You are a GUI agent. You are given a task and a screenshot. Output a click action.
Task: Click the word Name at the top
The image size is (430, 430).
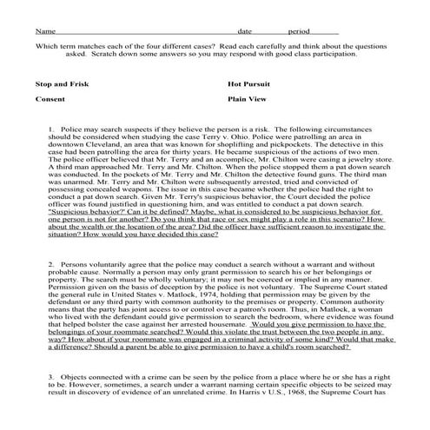tap(43, 30)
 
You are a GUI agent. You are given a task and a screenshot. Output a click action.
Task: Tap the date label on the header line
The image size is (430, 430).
tap(244, 30)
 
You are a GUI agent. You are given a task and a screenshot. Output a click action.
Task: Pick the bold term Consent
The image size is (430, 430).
tap(50, 100)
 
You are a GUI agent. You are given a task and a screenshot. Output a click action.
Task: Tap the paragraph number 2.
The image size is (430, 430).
tap(51, 262)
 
